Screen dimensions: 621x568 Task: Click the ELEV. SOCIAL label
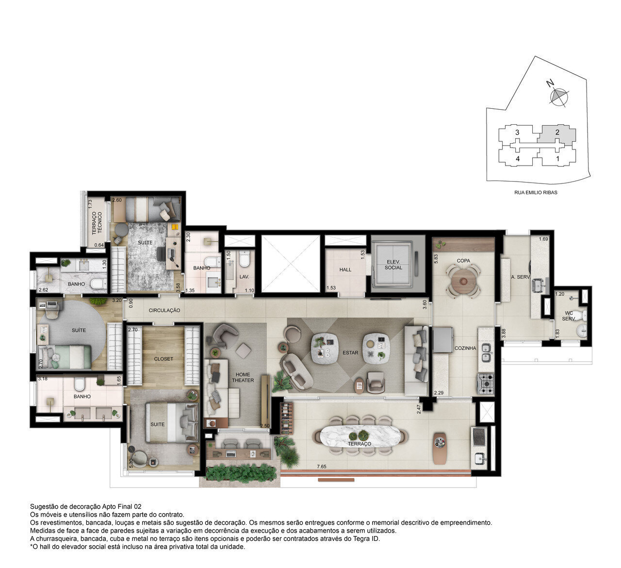coord(393,265)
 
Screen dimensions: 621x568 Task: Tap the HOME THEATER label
coord(243,377)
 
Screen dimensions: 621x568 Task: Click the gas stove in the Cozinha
coord(486,384)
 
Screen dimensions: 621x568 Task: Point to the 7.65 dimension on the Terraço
coord(321,467)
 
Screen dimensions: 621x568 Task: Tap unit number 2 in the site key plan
coord(557,133)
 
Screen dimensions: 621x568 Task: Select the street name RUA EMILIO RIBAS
coord(536,192)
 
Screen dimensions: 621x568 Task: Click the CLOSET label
coord(163,359)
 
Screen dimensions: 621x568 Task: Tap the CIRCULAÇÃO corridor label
coord(164,310)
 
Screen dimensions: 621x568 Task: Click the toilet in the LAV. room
coord(244,259)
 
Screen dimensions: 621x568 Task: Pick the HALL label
coord(345,269)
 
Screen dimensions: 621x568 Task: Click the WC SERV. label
coord(569,316)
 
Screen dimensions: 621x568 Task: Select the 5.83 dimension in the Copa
coord(436,259)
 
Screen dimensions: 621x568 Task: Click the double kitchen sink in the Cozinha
coord(487,352)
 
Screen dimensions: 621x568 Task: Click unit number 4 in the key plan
coord(518,159)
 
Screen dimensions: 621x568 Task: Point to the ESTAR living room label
coord(350,352)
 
